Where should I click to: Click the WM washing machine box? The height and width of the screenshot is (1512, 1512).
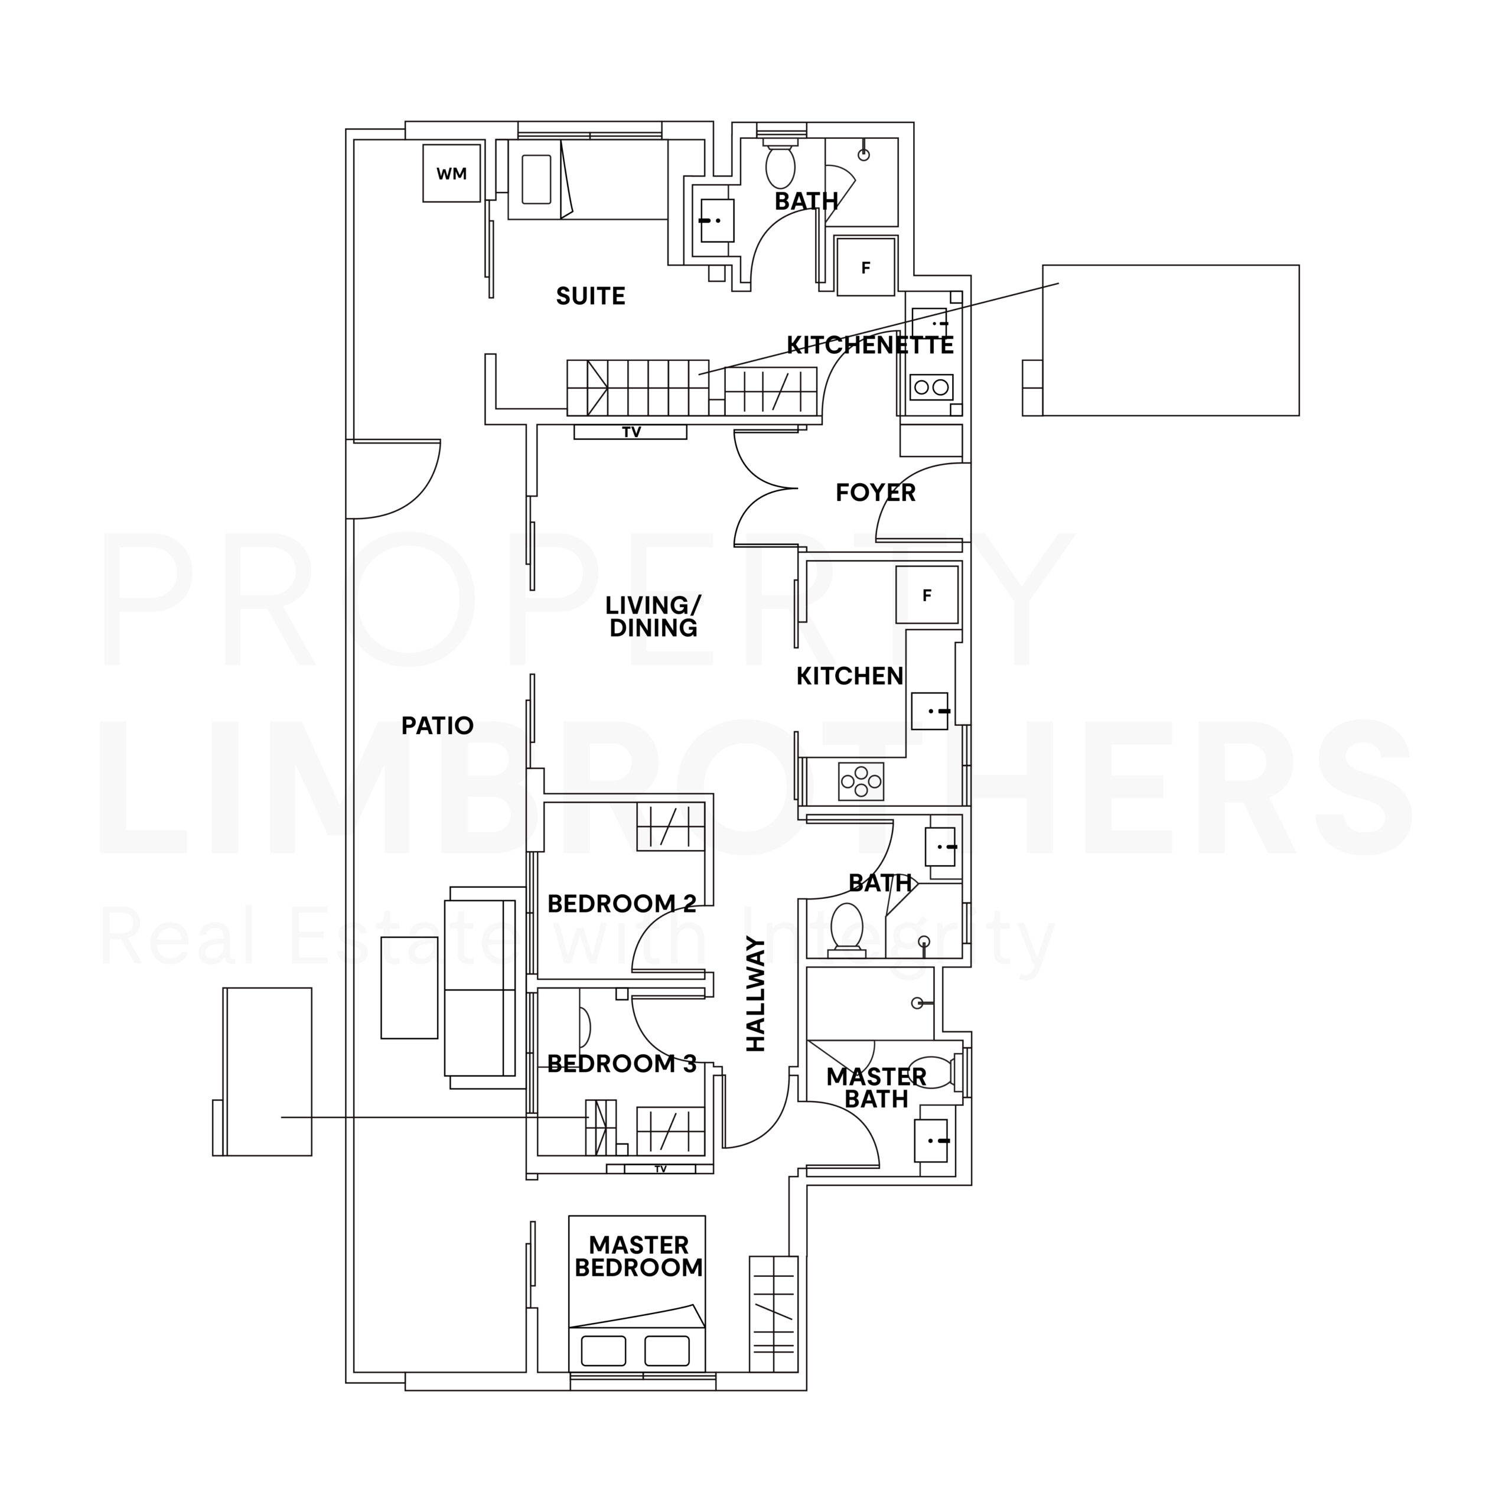452,173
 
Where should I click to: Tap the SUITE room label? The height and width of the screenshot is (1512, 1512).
591,296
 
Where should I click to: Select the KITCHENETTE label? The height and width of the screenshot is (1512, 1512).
870,345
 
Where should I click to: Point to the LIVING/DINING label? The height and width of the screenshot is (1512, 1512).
653,616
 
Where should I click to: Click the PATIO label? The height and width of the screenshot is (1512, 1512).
438,725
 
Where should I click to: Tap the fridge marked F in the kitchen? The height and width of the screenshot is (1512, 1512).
927,595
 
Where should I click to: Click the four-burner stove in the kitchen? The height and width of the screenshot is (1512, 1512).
861,781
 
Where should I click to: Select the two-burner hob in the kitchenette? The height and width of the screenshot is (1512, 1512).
931,387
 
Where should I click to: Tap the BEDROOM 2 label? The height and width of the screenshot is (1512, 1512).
622,904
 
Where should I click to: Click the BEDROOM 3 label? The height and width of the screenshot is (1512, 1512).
622,1064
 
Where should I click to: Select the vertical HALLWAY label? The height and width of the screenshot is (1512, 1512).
755,994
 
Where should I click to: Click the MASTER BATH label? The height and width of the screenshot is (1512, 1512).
876,1088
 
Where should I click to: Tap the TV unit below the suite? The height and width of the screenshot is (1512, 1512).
630,431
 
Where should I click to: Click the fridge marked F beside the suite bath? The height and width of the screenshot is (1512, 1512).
866,267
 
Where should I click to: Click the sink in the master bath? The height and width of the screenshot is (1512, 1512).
932,1141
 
